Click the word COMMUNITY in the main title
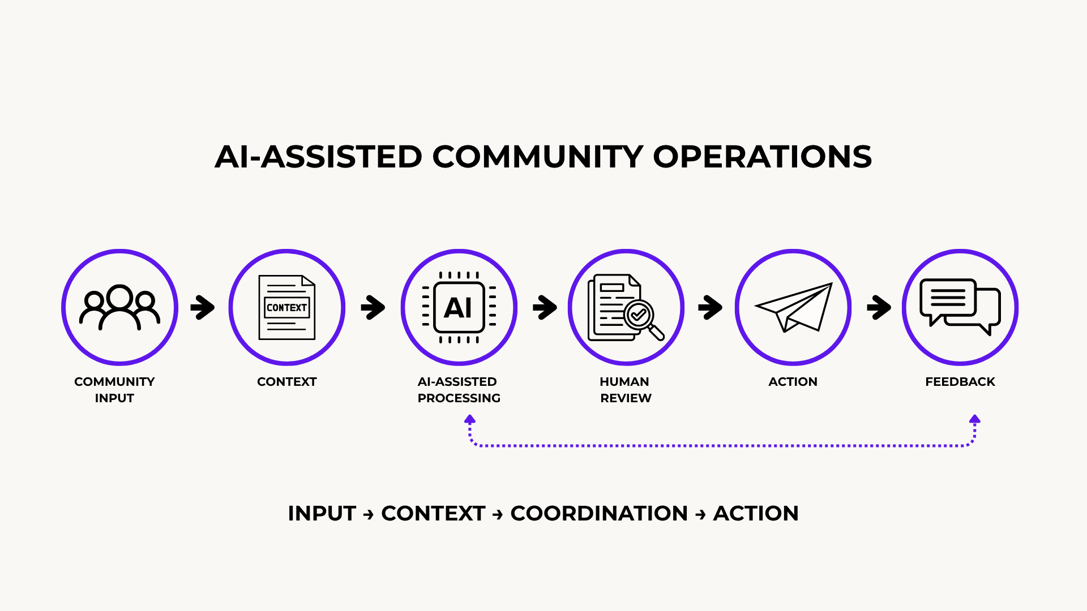(538, 157)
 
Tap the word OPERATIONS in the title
(763, 157)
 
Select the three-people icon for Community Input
(119, 307)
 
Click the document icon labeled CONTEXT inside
(286, 307)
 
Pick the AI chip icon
(459, 307)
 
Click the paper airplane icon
(794, 307)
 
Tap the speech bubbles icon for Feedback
(960, 307)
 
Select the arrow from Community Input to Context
(203, 307)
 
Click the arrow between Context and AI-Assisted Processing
(373, 307)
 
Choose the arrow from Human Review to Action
(710, 307)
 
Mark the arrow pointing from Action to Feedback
(879, 307)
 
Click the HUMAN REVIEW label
(626, 390)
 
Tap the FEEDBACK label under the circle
(960, 382)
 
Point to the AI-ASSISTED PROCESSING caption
(459, 390)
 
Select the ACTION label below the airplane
(793, 382)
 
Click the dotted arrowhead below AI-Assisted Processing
(470, 419)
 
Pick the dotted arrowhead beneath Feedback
(974, 419)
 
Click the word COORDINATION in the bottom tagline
(599, 513)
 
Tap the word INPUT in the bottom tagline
(322, 513)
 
